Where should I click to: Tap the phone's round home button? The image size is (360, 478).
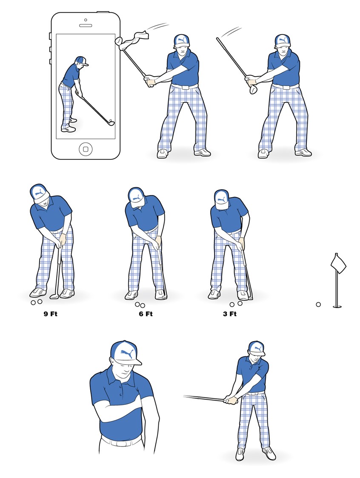coord(86,149)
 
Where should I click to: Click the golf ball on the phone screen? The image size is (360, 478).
coord(111,121)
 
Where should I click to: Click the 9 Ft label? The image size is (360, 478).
coord(51,314)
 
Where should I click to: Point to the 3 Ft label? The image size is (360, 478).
coord(230,314)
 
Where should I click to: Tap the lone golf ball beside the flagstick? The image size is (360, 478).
coord(318,304)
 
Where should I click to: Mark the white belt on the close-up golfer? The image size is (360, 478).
coord(121,441)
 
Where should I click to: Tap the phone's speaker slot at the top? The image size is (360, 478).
coord(86,25)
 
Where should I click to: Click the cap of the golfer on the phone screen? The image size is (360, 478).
coord(81,60)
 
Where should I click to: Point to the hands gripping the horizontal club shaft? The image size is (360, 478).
coord(231,400)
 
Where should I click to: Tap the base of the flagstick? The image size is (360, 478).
coord(337,306)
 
